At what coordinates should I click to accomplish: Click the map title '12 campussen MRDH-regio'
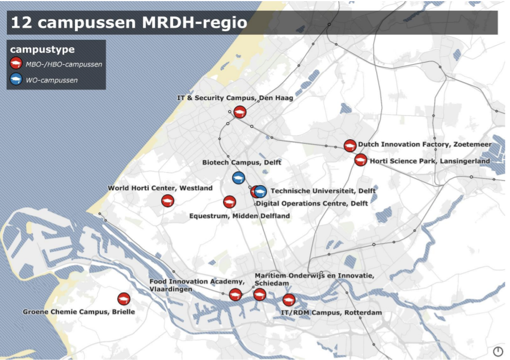coord(129,23)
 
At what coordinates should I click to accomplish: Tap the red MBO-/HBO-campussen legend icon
coord(16,64)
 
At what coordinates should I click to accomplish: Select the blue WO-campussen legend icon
coord(16,80)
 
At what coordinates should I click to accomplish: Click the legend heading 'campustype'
coord(42,49)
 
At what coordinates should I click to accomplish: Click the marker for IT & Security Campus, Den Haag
coord(240,112)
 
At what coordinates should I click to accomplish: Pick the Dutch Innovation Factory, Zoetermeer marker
coord(350,146)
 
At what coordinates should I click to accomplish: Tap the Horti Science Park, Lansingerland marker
coord(360,160)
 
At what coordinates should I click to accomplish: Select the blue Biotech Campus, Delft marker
coord(238,178)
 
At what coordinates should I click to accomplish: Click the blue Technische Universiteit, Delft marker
coord(260,192)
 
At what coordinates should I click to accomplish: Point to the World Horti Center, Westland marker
coord(167,200)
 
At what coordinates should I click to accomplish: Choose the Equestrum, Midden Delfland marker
coord(229,202)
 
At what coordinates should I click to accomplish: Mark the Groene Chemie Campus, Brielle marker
coord(124,299)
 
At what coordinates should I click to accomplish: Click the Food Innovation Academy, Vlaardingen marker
coord(235,294)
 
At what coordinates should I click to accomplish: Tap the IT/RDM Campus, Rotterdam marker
coord(289,300)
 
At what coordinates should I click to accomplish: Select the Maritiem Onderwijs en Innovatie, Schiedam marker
coord(259,294)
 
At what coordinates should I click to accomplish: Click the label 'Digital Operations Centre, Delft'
coord(312,203)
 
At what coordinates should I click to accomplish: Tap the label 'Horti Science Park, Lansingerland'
coord(429,161)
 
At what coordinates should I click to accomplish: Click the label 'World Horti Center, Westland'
coord(161,188)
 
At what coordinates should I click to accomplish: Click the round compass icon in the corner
coord(498,351)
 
